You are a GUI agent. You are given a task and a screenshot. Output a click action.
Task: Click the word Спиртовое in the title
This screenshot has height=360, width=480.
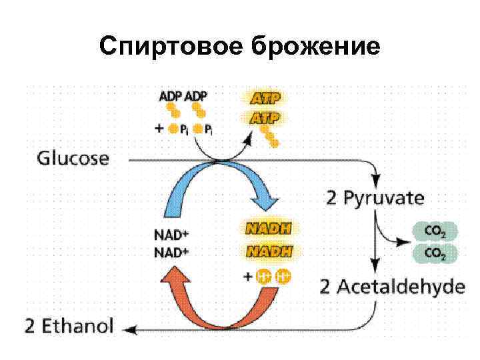(171, 47)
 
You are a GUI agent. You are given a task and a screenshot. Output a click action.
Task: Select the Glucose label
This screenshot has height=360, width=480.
(73, 159)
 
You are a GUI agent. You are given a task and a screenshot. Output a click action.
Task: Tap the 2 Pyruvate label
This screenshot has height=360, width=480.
(375, 198)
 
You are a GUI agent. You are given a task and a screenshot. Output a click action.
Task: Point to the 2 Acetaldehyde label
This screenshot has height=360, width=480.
(392, 287)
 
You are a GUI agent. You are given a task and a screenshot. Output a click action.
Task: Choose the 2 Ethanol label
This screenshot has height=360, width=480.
(69, 327)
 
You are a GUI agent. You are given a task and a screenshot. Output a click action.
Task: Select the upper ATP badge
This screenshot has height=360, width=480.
(264, 98)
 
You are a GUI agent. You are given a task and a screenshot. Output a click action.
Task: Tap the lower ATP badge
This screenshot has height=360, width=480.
(264, 118)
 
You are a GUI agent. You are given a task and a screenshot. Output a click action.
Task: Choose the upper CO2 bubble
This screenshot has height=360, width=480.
(435, 232)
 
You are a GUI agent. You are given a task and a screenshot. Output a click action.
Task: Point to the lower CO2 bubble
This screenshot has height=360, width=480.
(435, 253)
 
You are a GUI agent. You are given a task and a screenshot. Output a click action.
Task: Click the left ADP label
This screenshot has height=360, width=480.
(170, 97)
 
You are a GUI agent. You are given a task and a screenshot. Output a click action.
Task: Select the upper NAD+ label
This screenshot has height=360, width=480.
(171, 235)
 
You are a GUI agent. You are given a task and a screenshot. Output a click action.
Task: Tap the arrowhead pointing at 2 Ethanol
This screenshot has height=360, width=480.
(131, 328)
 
